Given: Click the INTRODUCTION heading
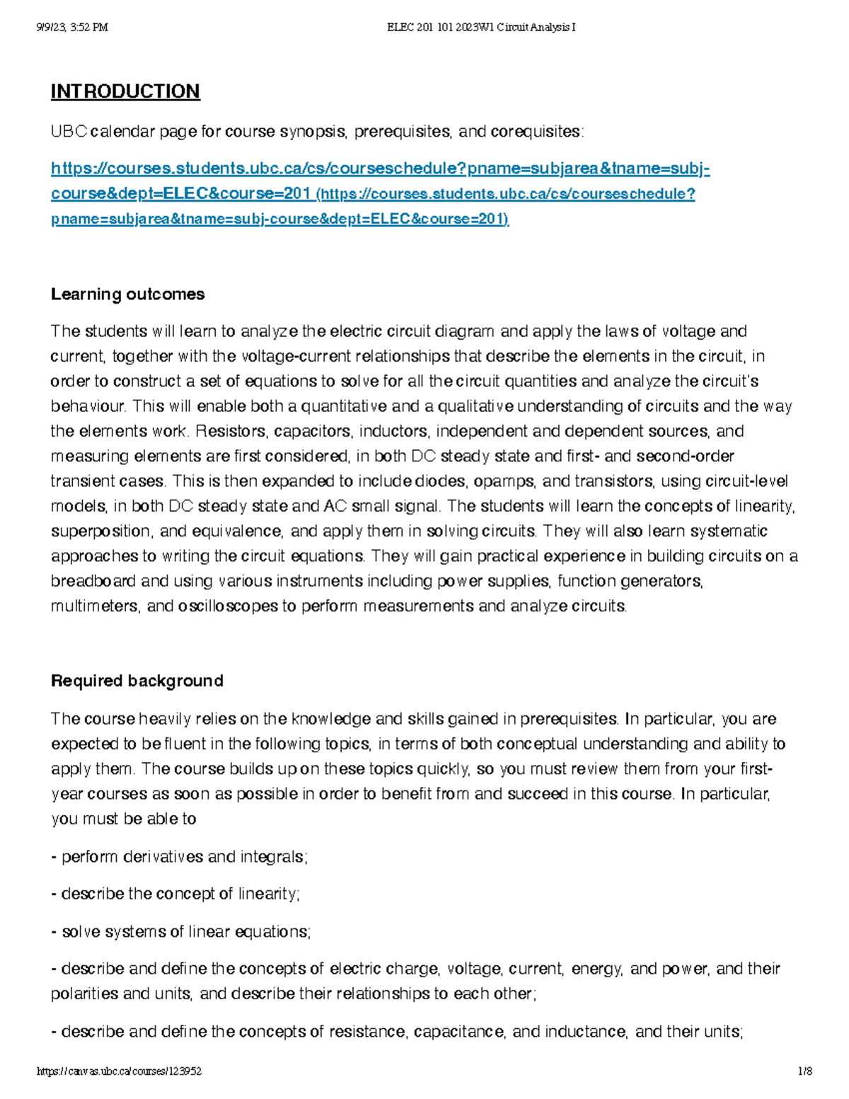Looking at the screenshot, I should pos(125,91).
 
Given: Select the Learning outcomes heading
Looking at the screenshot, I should pos(127,294).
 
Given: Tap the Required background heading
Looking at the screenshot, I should pos(137,681).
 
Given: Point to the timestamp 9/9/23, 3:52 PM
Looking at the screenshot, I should pos(71,28).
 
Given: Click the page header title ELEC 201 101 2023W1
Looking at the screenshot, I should pos(481,28).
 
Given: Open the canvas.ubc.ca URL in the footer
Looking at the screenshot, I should pos(119,1071).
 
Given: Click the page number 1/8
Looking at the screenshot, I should pos(804,1071).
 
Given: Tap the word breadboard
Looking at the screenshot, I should pos(93,581).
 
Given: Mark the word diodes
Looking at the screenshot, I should pos(439,481).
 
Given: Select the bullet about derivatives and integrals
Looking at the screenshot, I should pos(180,856).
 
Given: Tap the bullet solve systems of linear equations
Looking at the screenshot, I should pos(181,931).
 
